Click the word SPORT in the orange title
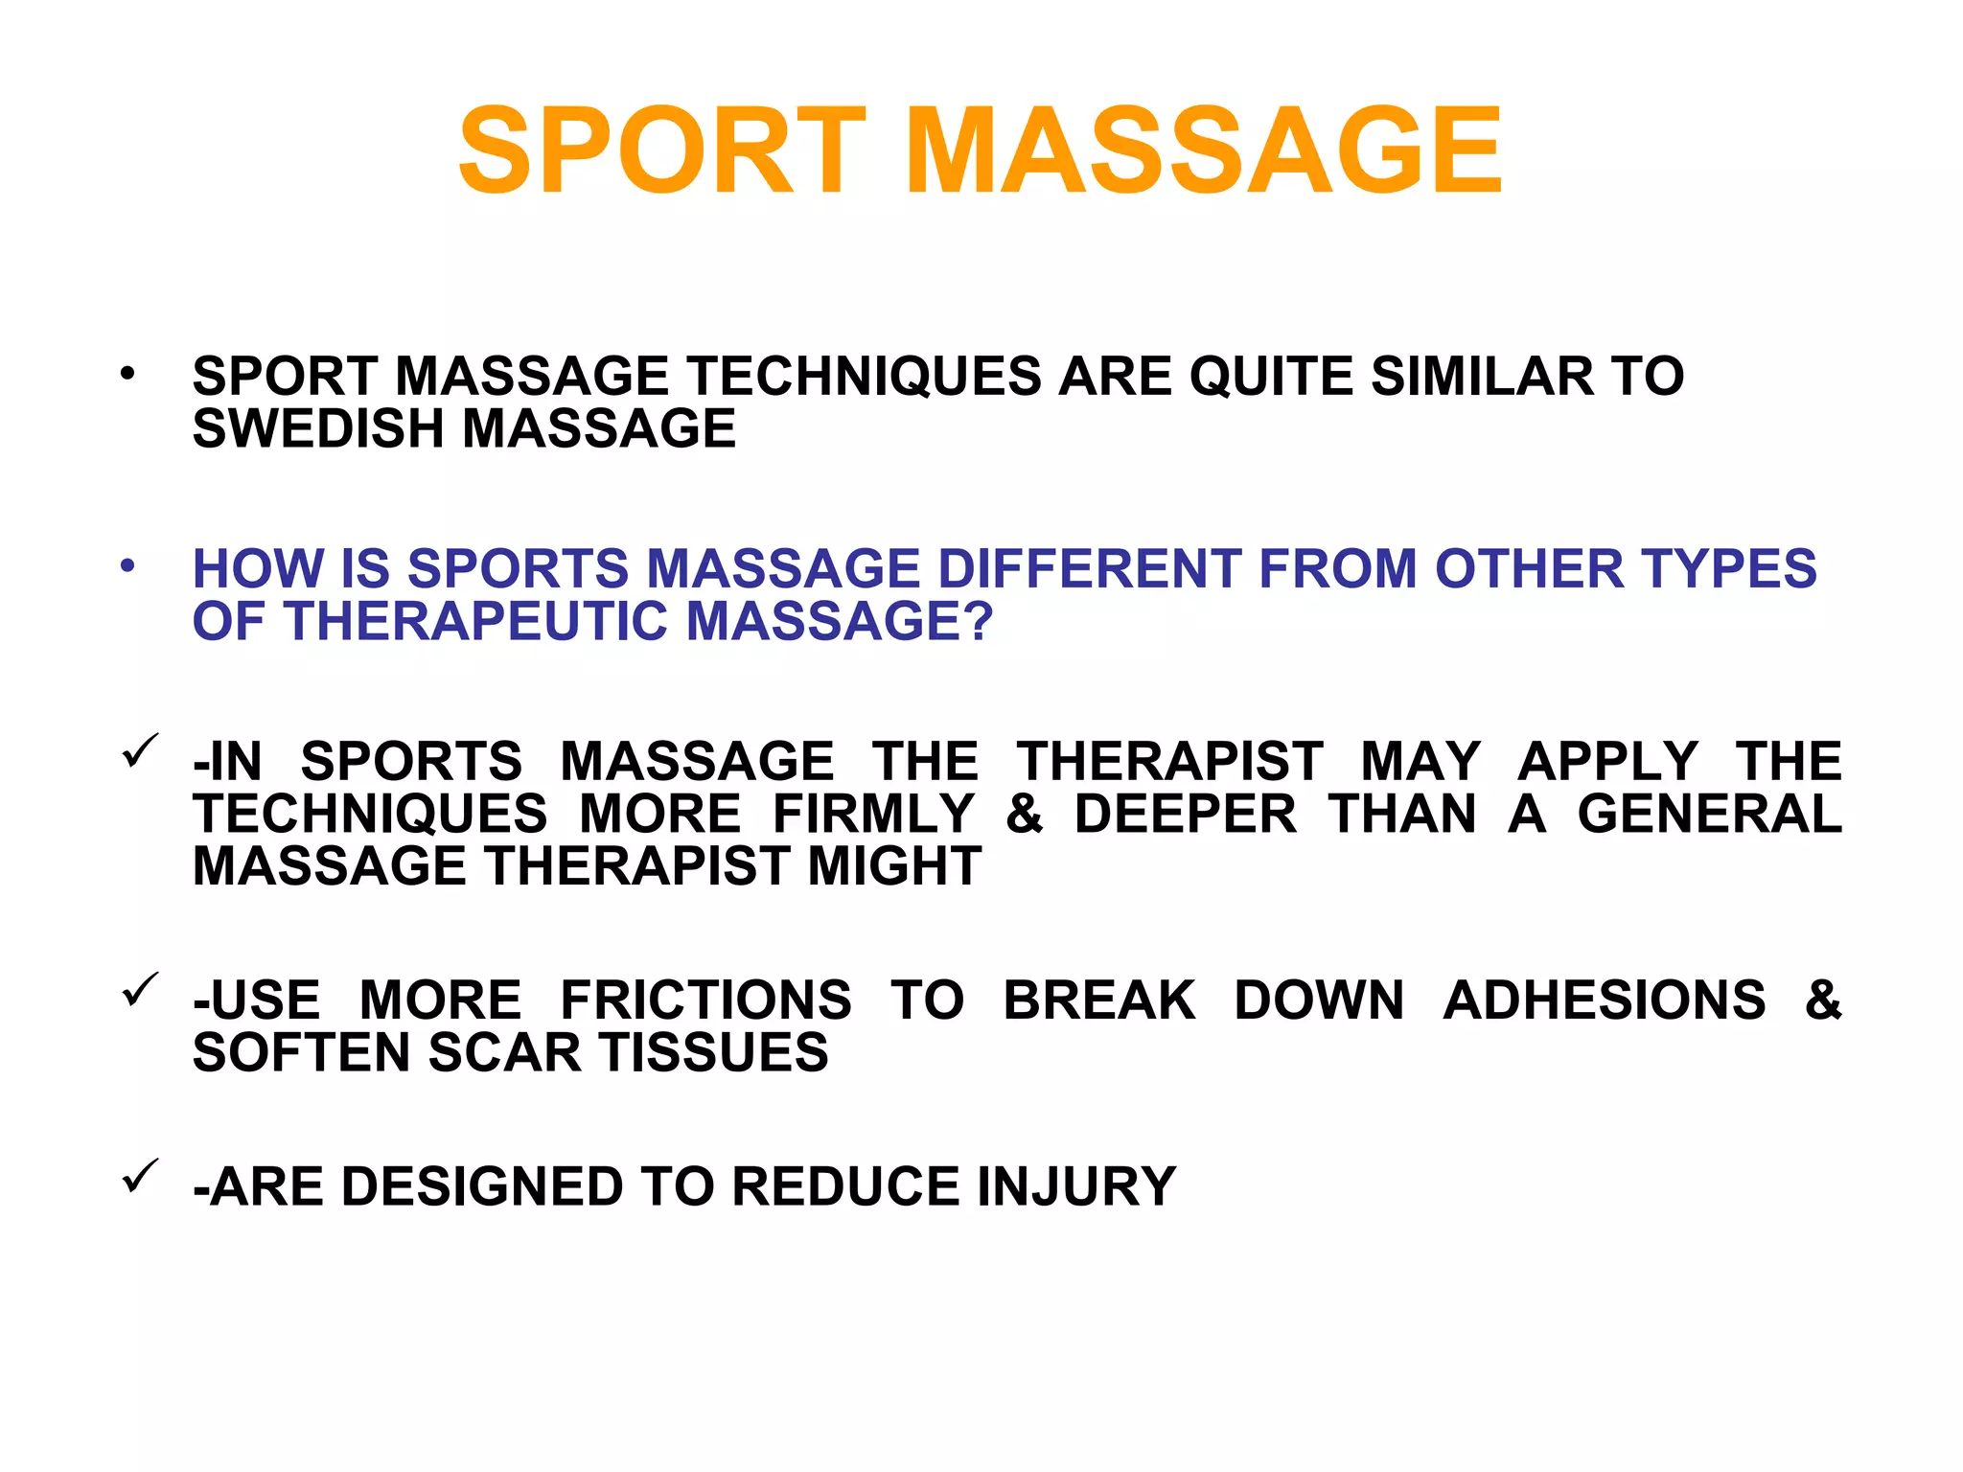point(662,151)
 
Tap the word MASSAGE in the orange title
point(1203,151)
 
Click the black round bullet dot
point(127,373)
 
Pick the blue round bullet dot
point(127,566)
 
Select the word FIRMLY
point(873,815)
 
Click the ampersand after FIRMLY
point(1024,815)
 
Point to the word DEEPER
point(1185,815)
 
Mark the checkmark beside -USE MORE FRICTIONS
point(140,990)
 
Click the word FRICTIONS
point(705,1000)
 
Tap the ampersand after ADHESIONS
point(1822,1000)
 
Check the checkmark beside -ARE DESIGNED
point(140,1176)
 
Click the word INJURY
point(1076,1186)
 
